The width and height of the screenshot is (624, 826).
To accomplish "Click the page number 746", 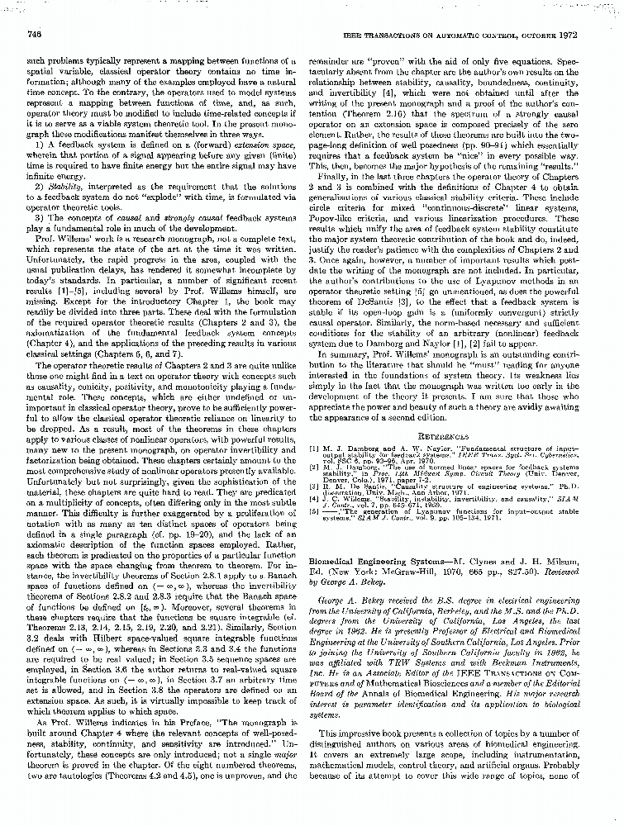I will coord(35,34).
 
